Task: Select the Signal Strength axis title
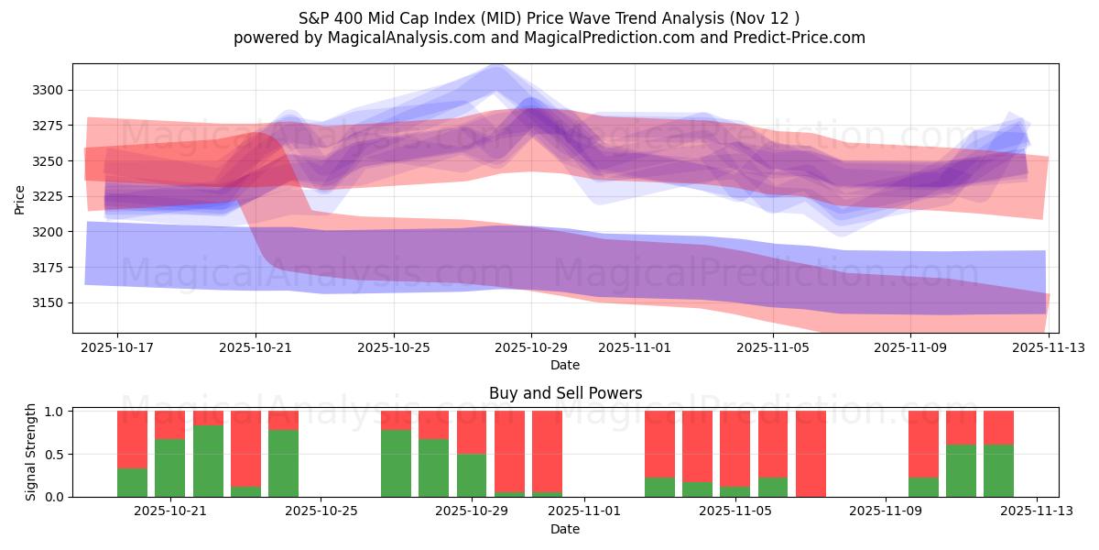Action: click(x=31, y=452)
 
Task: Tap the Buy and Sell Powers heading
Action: click(x=565, y=393)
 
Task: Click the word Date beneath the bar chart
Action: click(x=565, y=529)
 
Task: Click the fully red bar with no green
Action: click(x=811, y=454)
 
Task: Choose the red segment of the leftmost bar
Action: click(x=132, y=439)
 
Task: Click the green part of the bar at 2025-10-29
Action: click(x=472, y=475)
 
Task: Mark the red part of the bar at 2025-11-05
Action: click(x=773, y=444)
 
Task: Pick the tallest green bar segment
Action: click(x=208, y=460)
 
